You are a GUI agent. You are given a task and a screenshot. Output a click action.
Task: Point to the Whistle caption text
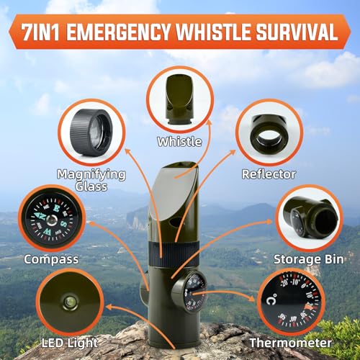(x=180, y=142)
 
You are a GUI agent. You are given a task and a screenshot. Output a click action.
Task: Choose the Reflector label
(x=268, y=174)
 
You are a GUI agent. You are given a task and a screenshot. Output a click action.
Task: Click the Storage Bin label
(x=305, y=258)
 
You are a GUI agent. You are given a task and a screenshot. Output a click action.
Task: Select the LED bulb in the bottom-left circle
(x=70, y=302)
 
